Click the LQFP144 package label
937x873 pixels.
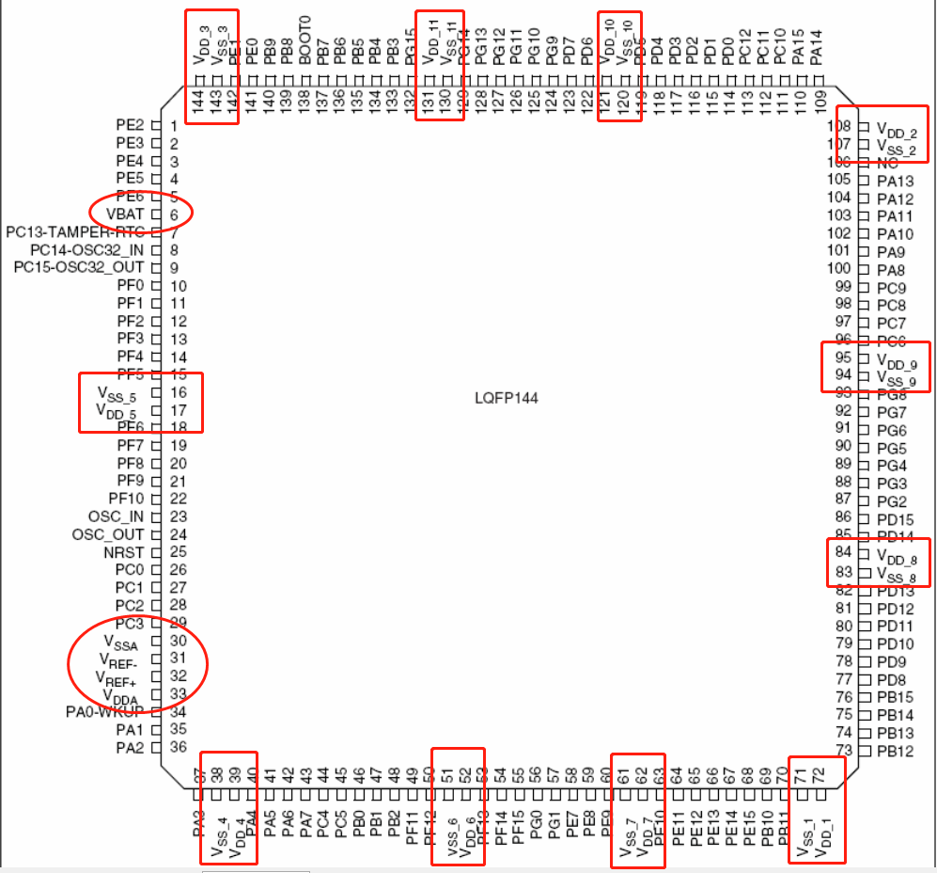click(507, 398)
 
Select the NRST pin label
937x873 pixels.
click(123, 552)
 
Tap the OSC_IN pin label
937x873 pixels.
click(117, 516)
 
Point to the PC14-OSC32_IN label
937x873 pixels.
click(87, 250)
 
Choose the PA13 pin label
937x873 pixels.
click(895, 181)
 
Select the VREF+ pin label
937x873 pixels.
click(116, 677)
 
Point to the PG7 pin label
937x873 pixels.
click(892, 412)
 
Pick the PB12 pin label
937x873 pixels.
click(895, 751)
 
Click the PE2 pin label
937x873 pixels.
click(130, 125)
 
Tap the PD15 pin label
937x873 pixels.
click(895, 518)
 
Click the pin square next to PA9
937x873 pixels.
click(864, 251)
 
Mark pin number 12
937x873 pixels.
click(178, 322)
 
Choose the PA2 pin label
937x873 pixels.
click(130, 748)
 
